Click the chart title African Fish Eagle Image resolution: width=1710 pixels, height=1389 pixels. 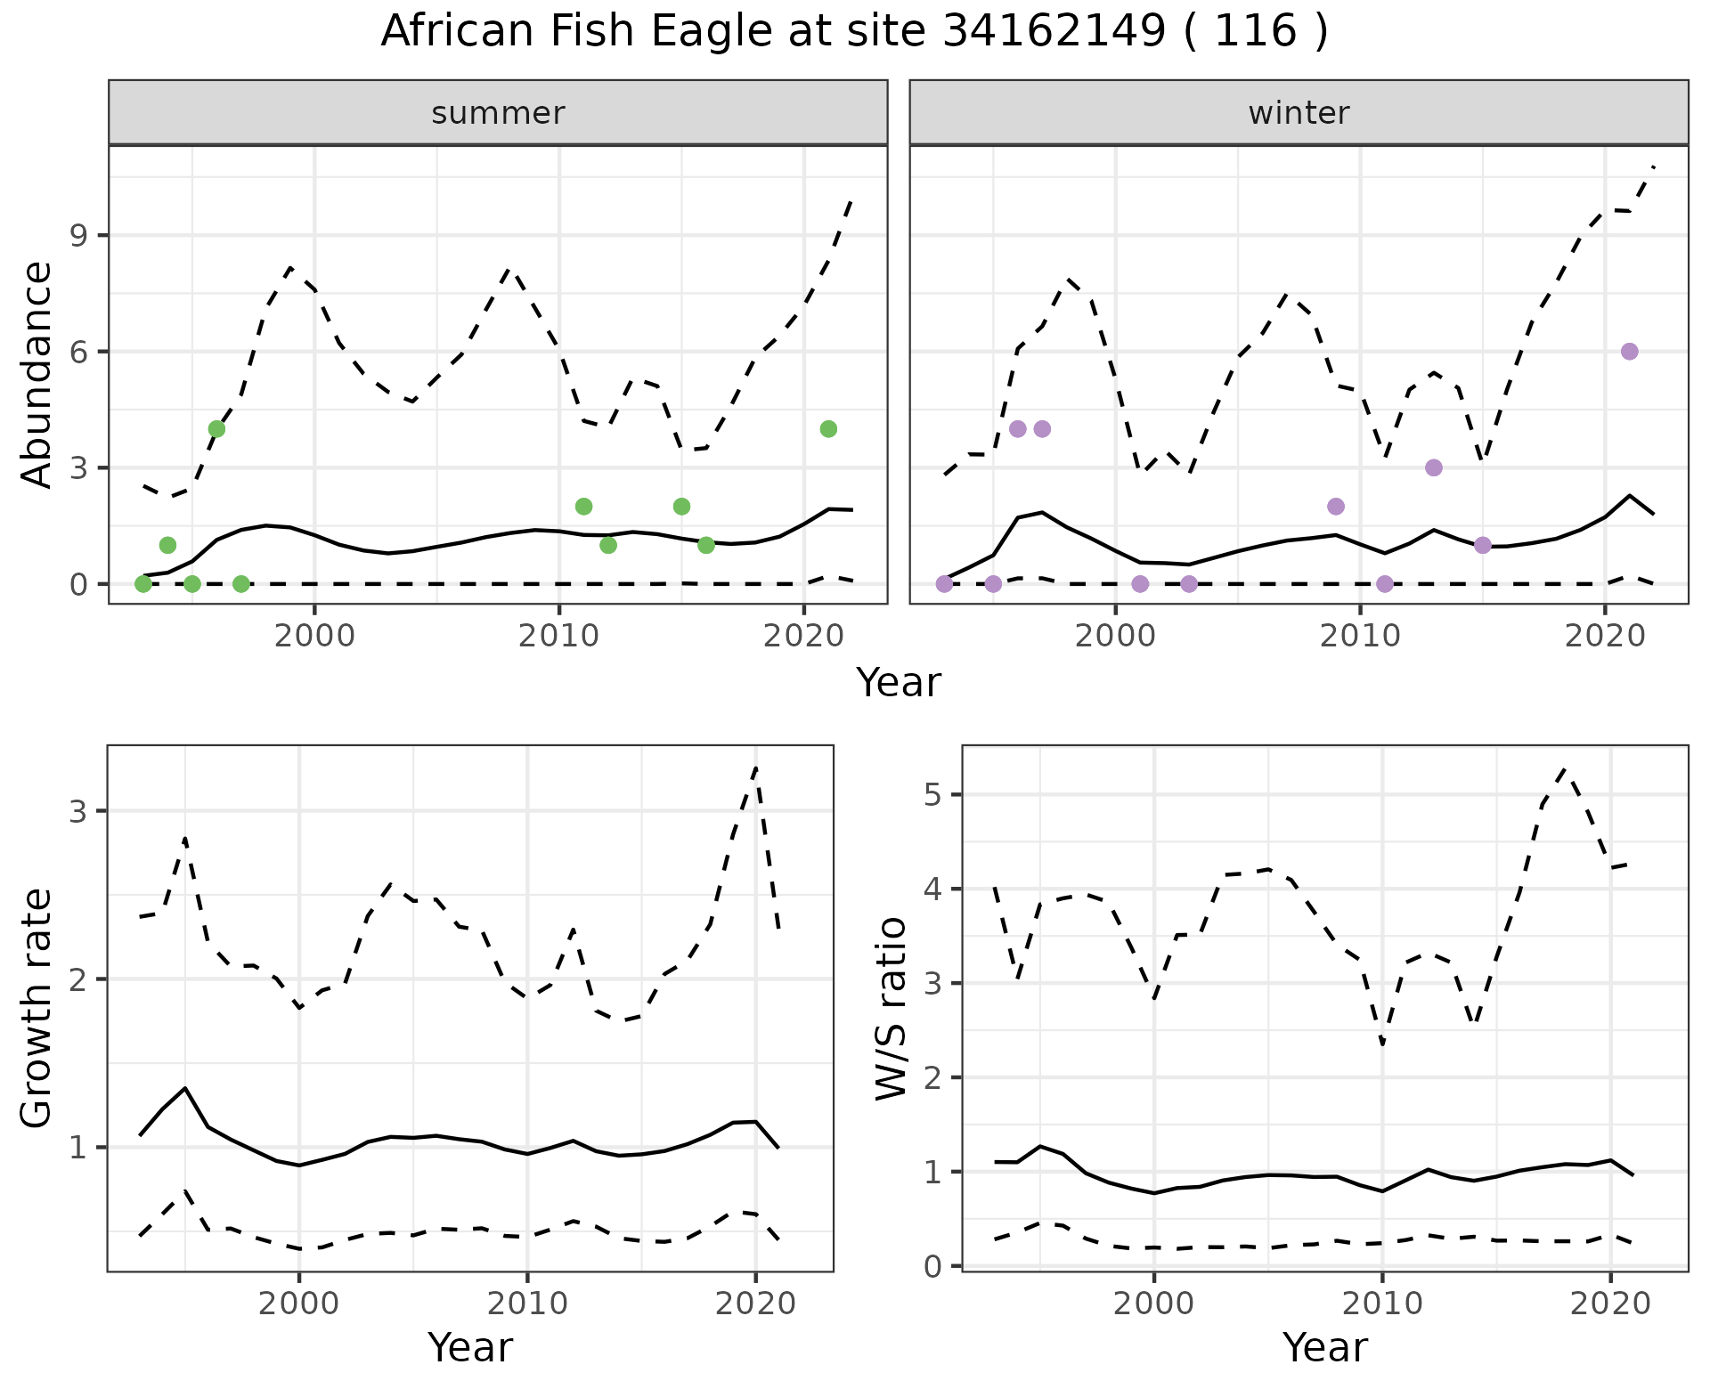click(853, 32)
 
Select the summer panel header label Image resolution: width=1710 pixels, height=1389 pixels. click(498, 113)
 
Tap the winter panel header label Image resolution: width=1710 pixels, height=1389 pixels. click(1299, 113)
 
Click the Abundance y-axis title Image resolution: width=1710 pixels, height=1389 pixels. click(37, 374)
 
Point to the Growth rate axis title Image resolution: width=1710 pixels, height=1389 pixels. click(37, 1008)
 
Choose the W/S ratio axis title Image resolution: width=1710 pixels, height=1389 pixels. click(891, 1008)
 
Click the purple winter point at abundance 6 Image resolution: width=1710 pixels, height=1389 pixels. click(1629, 352)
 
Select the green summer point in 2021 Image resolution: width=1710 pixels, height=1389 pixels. click(828, 429)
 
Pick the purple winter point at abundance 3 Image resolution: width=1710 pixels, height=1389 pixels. click(1433, 467)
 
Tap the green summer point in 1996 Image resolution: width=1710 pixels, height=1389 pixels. click(216, 429)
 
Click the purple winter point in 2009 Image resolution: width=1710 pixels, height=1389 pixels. click(1335, 507)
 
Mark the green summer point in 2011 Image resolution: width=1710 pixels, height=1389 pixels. click(583, 507)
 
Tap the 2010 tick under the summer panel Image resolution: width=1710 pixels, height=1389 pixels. click(558, 637)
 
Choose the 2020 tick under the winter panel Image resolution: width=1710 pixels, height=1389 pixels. click(1604, 637)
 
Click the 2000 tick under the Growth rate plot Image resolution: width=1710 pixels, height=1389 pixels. click(299, 1304)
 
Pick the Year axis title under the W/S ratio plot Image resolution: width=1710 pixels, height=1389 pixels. click(1324, 1348)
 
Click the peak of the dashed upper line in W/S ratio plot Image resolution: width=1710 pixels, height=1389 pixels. click(1565, 768)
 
